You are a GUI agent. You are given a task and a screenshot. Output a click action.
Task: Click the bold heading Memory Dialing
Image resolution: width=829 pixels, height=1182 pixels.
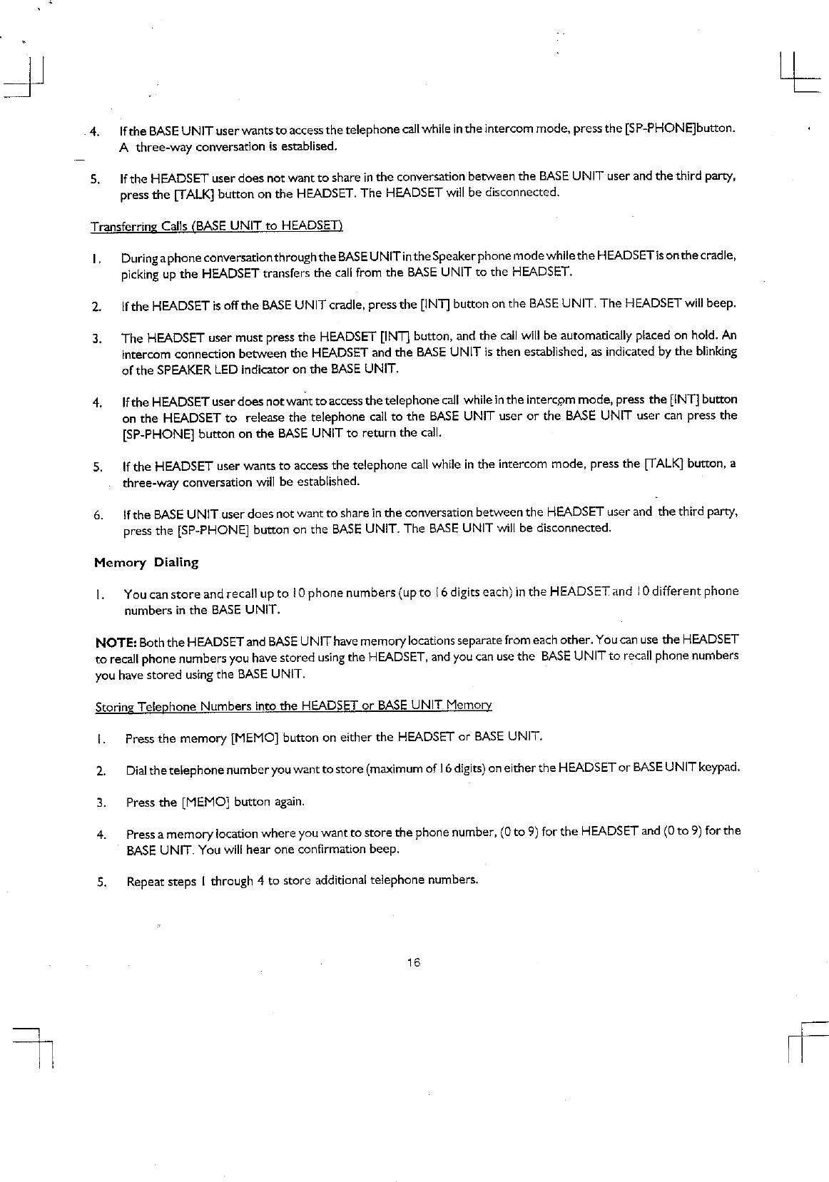[146, 562]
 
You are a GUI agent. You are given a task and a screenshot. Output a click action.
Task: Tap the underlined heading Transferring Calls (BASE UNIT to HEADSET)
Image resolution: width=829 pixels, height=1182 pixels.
[217, 226]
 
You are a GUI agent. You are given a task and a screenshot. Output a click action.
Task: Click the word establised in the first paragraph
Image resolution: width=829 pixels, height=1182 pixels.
[307, 147]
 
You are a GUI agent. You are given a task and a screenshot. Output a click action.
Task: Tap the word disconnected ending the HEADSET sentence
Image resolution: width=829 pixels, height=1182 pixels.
[522, 193]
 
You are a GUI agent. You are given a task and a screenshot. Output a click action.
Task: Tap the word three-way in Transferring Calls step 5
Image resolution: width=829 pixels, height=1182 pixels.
[149, 482]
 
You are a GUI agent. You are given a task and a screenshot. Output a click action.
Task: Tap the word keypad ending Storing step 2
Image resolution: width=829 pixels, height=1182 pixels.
[720, 768]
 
